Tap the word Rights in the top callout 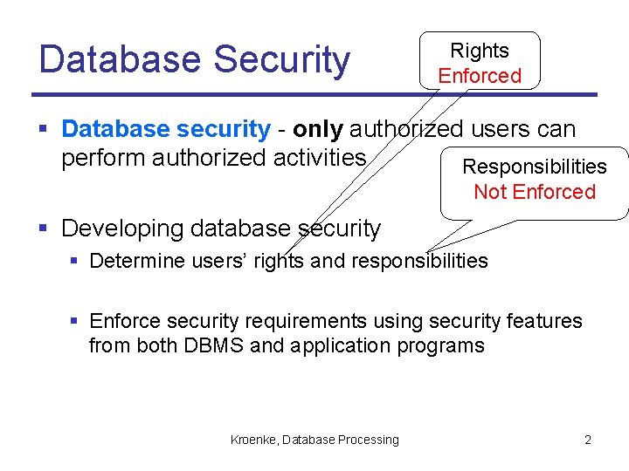tap(479, 51)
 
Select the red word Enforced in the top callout tap(479, 76)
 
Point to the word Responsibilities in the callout tap(534, 167)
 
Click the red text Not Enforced tap(534, 192)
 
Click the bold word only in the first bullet tap(318, 130)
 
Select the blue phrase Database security tap(166, 130)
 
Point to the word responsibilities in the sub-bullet tap(418, 261)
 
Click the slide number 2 tap(587, 440)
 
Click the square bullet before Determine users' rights tap(75, 261)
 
